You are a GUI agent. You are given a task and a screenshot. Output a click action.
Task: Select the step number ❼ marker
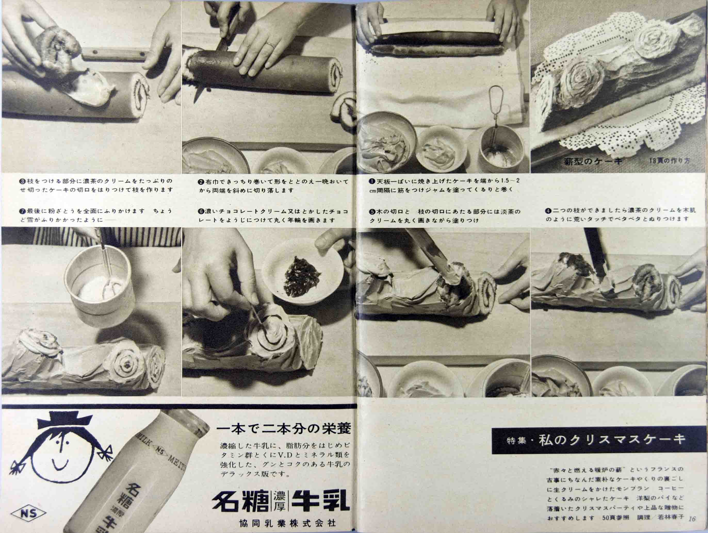pyautogui.click(x=22, y=211)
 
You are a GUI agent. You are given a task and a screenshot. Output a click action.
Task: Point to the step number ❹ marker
pyautogui.click(x=547, y=211)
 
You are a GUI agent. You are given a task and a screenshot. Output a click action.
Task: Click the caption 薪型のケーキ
pyautogui.click(x=593, y=161)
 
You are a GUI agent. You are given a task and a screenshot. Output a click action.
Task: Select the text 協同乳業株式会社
pyautogui.click(x=287, y=524)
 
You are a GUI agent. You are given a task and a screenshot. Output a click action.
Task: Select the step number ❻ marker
pyautogui.click(x=201, y=211)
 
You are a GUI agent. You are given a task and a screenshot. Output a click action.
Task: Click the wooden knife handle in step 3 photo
pyautogui.click(x=115, y=54)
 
